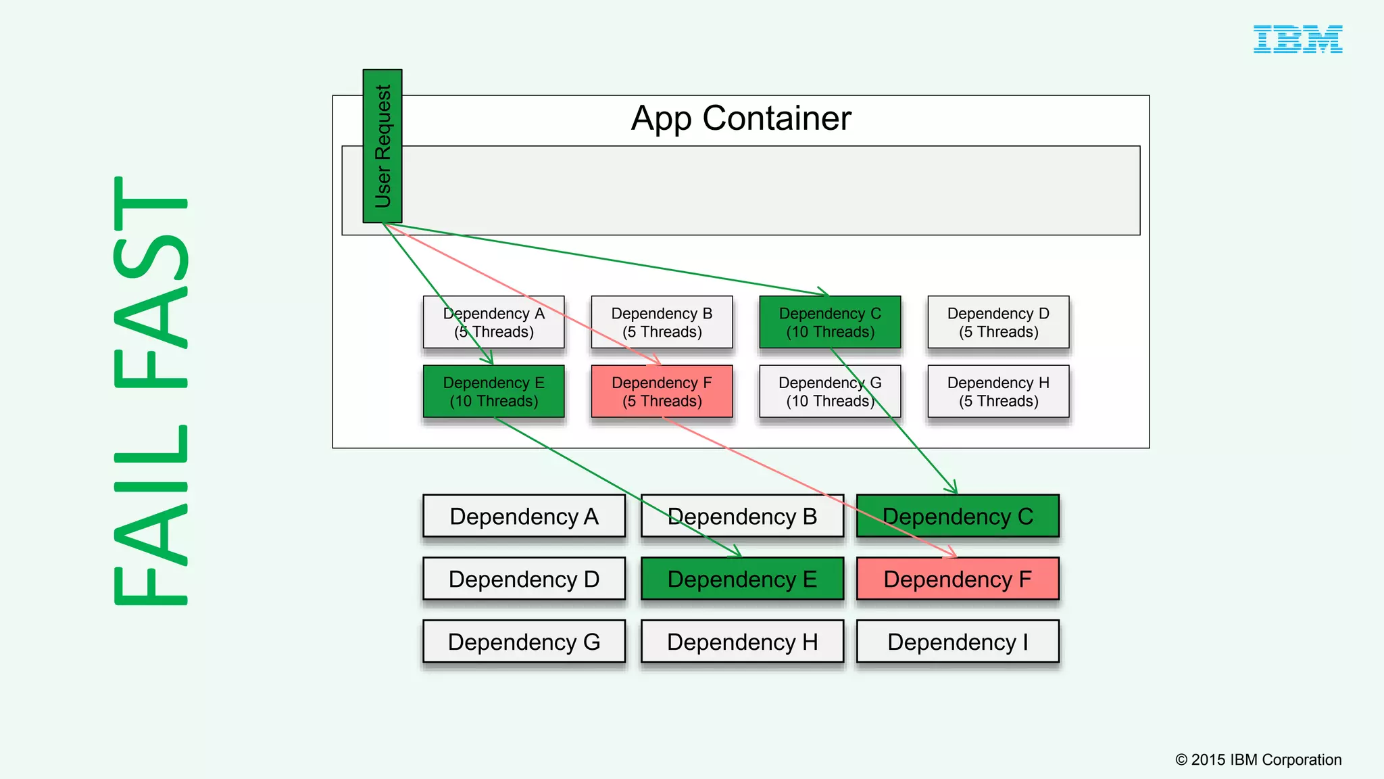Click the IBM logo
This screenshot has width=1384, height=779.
coord(1297,39)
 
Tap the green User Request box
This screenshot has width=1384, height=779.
coord(382,146)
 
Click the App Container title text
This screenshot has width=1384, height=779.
coord(741,118)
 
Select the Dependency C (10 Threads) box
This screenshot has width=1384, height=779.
coord(830,323)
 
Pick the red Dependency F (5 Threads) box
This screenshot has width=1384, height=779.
coord(662,392)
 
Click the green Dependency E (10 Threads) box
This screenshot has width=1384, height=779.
coord(493,392)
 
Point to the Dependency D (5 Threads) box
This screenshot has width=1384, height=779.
coord(998,323)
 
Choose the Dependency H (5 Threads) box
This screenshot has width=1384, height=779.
coord(998,392)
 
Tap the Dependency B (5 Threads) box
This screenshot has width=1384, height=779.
coord(662,323)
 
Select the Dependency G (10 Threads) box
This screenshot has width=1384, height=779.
coord(830,392)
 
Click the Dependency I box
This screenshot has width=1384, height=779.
coord(958,642)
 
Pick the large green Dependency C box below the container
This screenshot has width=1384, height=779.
coord(958,517)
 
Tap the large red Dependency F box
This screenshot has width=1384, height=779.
coord(958,580)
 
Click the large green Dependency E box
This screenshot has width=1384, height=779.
coord(742,580)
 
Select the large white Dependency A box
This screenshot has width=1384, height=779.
coord(524,517)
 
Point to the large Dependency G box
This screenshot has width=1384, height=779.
coord(524,642)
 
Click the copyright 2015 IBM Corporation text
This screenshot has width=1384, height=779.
coord(1258,760)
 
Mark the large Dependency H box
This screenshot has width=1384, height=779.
coord(742,642)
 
